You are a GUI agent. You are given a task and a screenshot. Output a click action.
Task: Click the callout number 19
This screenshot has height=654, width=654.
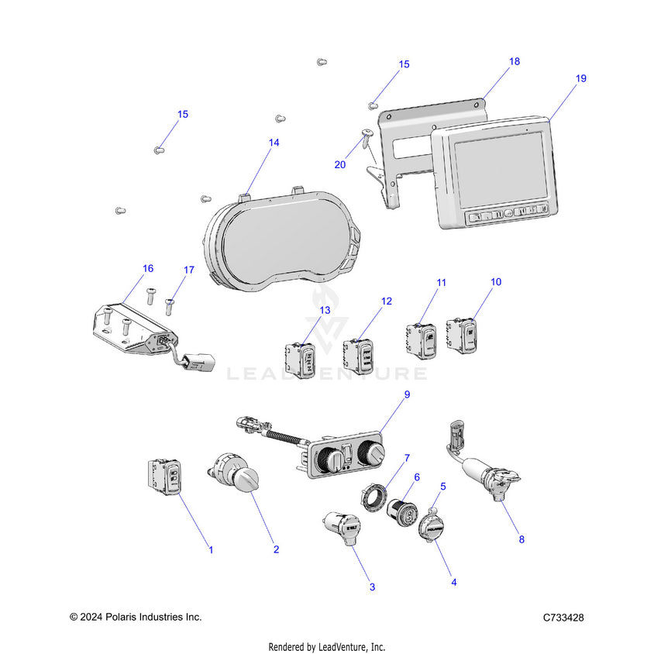(581, 78)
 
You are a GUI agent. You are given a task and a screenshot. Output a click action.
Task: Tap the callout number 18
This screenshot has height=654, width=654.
(514, 61)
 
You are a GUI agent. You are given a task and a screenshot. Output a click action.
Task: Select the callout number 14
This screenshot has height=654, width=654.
(274, 143)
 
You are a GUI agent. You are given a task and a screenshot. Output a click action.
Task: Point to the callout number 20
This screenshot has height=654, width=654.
(340, 165)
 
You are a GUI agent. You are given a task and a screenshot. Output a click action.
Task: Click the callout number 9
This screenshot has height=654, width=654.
(407, 394)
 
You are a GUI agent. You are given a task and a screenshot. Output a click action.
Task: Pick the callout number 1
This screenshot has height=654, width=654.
(211, 549)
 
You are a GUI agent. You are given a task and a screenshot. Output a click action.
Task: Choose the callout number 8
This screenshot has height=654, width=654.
(521, 539)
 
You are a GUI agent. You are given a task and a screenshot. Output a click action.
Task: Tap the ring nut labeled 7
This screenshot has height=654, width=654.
(377, 493)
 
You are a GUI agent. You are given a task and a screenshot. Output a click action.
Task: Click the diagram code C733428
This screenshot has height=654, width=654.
(563, 618)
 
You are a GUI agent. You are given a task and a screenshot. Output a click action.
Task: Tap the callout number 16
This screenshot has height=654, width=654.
(148, 268)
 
